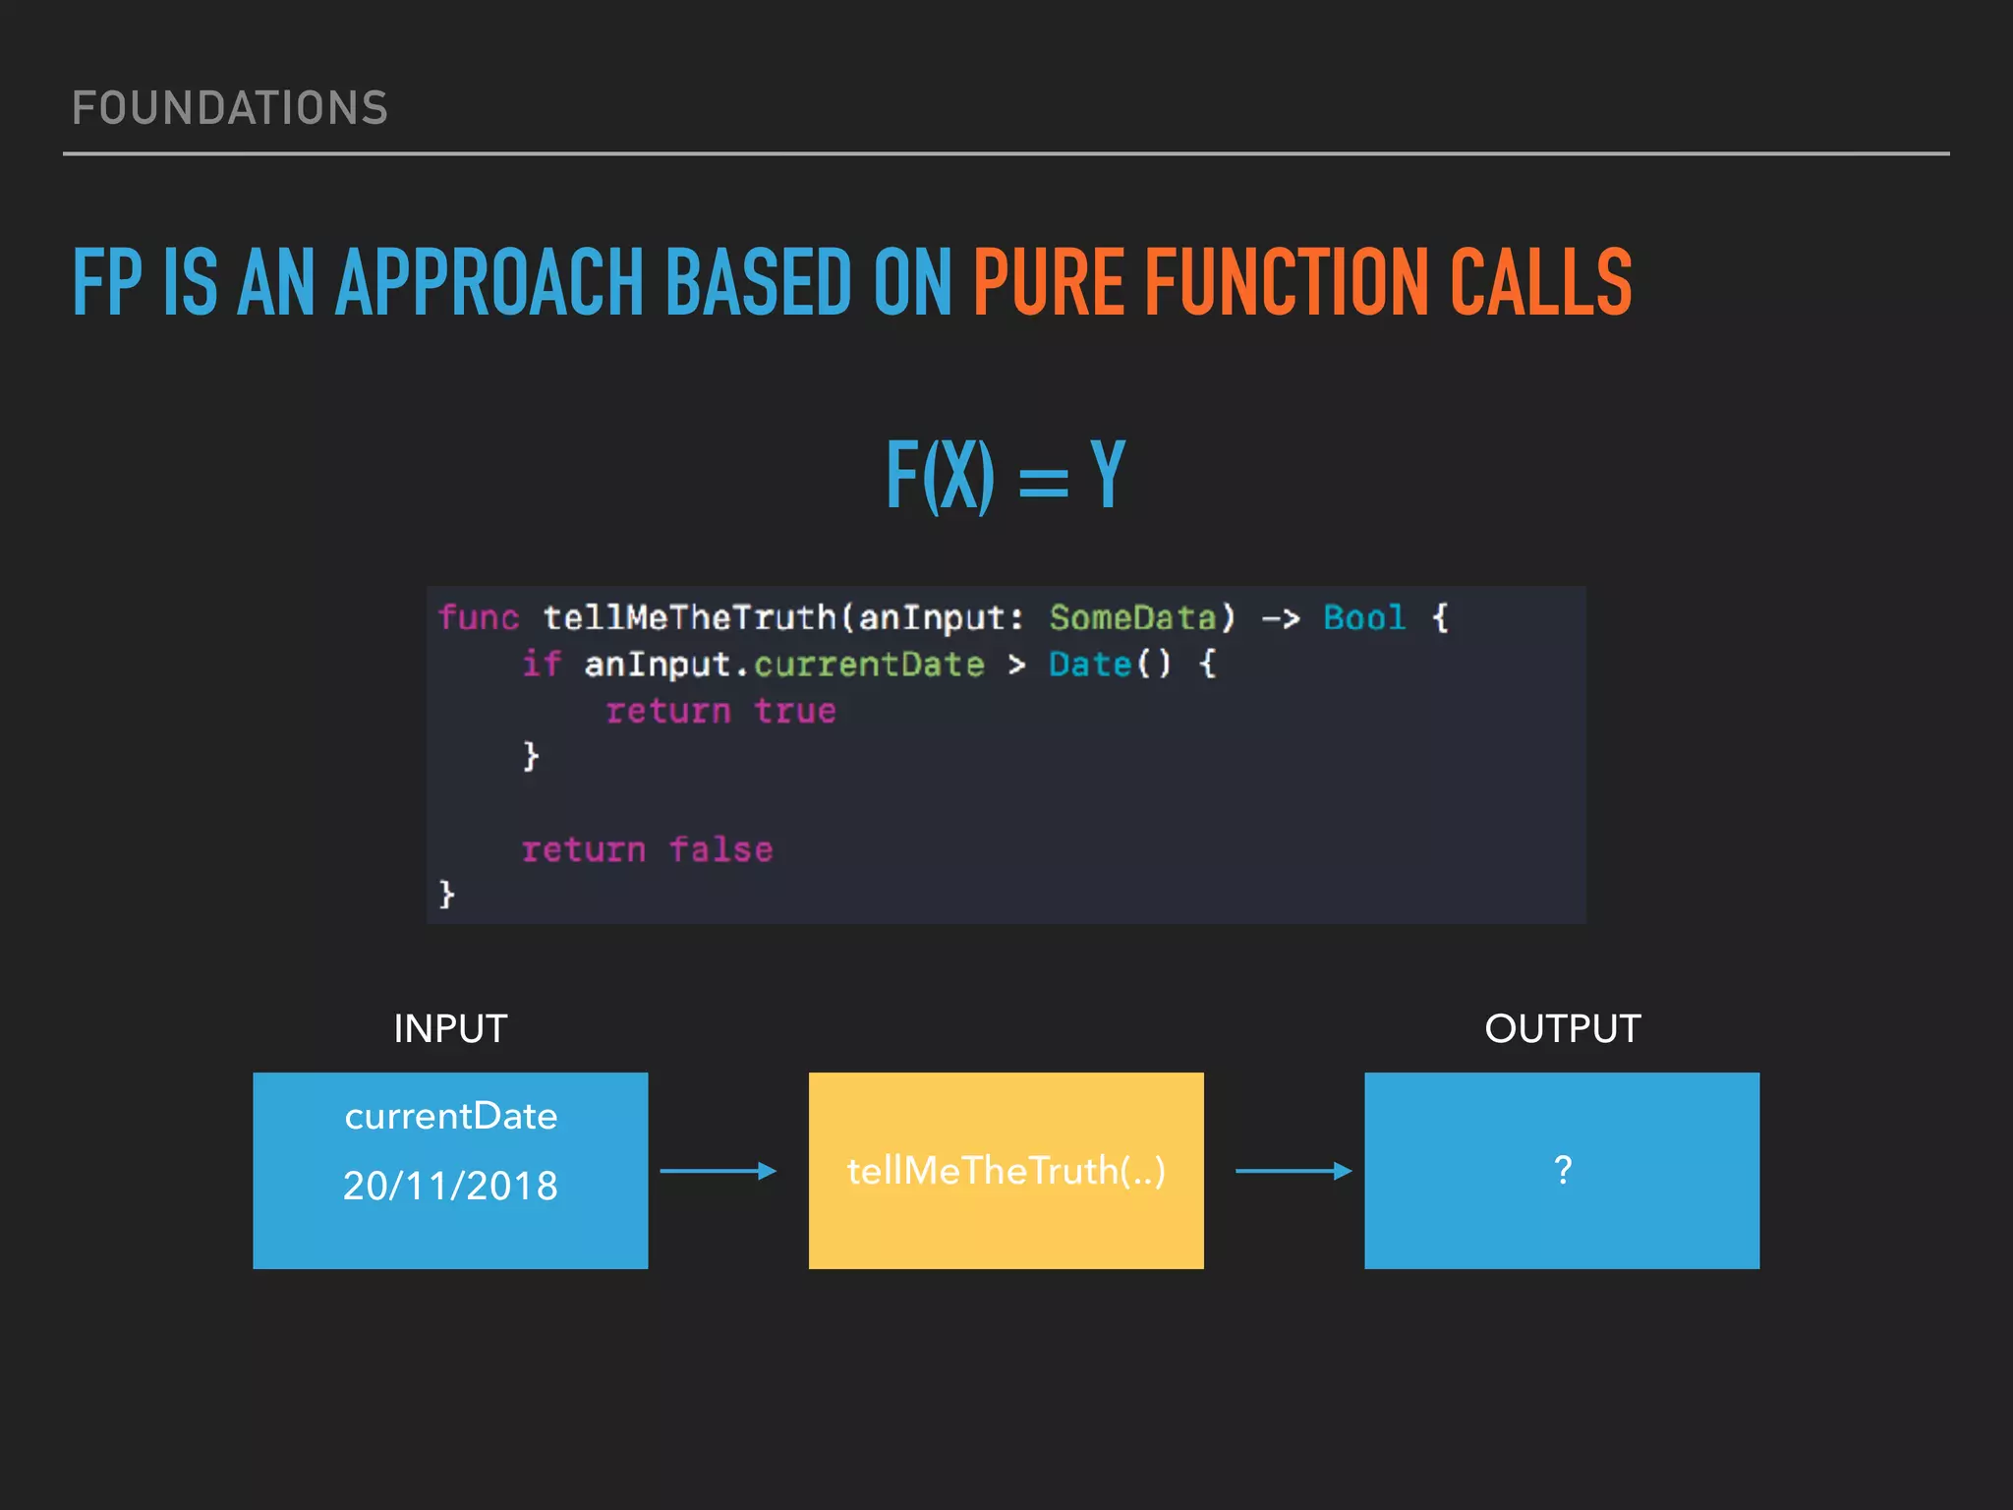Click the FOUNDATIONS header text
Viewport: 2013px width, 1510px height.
click(230, 108)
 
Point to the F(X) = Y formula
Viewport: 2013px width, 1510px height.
click(1006, 476)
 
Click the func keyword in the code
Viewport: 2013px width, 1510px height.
click(479, 618)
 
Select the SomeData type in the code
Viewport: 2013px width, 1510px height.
click(1133, 618)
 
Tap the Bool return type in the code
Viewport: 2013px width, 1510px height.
click(1364, 618)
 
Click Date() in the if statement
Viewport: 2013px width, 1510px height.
click(1110, 665)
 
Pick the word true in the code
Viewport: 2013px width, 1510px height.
click(795, 711)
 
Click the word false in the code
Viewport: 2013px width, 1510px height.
click(721, 849)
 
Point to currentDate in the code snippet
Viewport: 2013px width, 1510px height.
click(869, 665)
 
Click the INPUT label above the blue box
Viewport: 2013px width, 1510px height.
click(450, 1029)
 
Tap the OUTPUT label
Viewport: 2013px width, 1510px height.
click(1562, 1029)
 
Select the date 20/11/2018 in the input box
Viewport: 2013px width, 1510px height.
click(450, 1186)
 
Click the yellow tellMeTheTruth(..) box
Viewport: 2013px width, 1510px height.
click(1006, 1170)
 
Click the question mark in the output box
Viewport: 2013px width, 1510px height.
click(1563, 1170)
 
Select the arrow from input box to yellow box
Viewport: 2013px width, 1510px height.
click(718, 1171)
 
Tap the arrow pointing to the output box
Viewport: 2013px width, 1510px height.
click(1294, 1171)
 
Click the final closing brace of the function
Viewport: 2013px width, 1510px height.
click(446, 894)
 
